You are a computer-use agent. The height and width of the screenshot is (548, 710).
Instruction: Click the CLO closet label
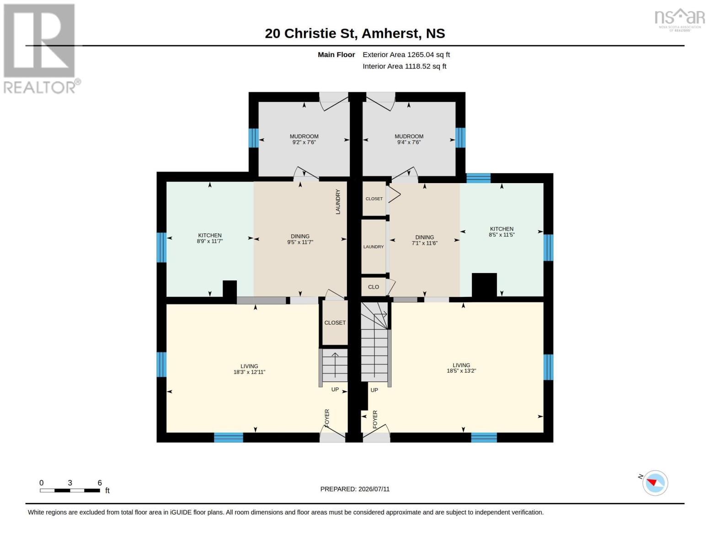(373, 287)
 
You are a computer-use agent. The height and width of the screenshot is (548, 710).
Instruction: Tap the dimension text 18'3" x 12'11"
(249, 372)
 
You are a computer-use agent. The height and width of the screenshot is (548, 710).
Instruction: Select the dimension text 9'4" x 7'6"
(409, 142)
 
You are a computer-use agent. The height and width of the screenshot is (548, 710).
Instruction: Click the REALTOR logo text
(40, 87)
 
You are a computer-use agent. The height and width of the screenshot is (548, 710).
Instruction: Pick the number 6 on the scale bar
(100, 483)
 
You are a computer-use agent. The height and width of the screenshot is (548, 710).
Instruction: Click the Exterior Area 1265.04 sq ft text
(406, 55)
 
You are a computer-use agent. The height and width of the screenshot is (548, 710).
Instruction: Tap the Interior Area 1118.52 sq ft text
(405, 66)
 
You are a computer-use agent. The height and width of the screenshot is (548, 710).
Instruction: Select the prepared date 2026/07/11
(374, 489)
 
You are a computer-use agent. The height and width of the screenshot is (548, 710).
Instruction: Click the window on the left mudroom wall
(254, 138)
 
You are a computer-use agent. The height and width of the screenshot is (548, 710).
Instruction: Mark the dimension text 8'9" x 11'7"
(210, 241)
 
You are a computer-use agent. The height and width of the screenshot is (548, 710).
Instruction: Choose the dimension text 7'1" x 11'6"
(424, 243)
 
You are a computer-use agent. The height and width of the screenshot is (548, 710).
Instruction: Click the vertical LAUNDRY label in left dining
(338, 202)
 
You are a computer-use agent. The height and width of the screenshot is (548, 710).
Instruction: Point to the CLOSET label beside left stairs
(335, 323)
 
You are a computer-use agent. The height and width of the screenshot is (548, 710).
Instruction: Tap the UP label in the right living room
(374, 390)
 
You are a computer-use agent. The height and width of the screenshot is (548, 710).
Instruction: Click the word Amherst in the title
(390, 33)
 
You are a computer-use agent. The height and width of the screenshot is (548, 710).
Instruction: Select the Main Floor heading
(336, 55)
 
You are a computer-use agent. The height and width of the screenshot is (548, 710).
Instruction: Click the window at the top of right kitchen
(478, 178)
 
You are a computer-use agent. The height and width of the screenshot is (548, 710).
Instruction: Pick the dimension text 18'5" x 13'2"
(461, 371)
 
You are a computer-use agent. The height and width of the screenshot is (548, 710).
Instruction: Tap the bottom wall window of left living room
(229, 437)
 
